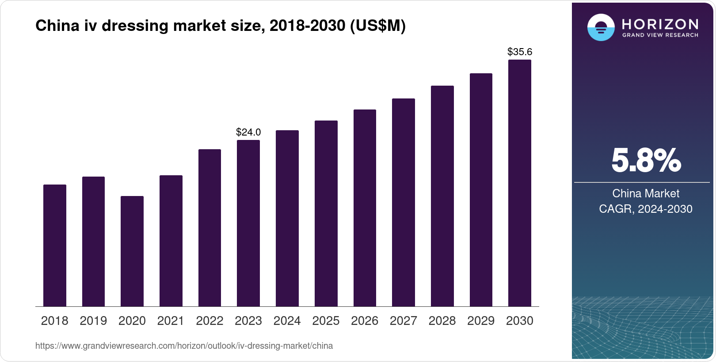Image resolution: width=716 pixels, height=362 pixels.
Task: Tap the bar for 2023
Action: click(248, 223)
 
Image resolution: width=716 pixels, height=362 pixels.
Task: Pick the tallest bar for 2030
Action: click(520, 183)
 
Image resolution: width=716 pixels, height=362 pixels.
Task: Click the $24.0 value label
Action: click(248, 132)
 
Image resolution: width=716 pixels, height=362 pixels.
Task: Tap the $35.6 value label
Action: click(520, 52)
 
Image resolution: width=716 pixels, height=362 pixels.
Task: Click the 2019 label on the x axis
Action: click(93, 321)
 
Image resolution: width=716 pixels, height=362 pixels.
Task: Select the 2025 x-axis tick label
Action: click(326, 321)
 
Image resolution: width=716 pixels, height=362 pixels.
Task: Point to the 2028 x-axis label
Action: click(442, 321)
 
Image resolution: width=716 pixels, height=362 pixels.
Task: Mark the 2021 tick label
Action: click(171, 321)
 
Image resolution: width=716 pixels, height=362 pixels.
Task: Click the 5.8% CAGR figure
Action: click(646, 161)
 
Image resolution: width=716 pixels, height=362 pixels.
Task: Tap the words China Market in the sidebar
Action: click(646, 193)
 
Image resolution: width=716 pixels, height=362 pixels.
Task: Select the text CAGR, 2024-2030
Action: click(646, 209)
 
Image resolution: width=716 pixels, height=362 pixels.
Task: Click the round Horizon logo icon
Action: click(601, 27)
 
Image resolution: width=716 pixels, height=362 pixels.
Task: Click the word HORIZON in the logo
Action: click(660, 24)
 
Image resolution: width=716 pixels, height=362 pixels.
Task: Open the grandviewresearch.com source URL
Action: click(184, 346)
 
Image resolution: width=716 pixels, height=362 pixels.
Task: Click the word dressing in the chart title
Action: click(135, 26)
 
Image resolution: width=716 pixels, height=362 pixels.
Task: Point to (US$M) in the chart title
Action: click(377, 26)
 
